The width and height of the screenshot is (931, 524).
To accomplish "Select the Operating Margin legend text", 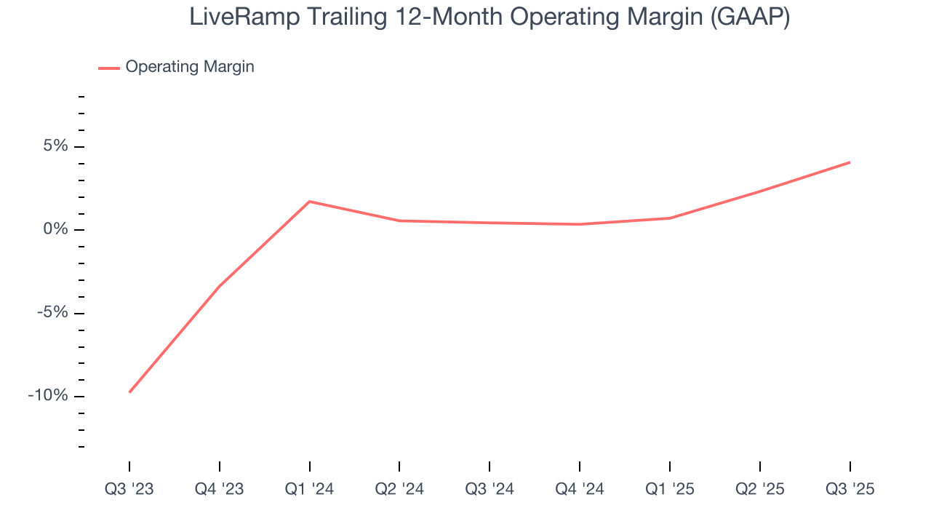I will (190, 67).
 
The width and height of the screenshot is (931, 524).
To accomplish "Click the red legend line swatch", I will (109, 68).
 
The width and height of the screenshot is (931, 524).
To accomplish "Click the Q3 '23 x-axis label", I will (129, 489).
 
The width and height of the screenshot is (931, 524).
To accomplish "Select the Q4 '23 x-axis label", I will (220, 489).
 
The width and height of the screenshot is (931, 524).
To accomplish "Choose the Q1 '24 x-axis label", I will (310, 489).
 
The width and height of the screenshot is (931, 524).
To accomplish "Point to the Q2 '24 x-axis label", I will (399, 489).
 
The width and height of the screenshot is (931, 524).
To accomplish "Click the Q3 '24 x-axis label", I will (490, 489).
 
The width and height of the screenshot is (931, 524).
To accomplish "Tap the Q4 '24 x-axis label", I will (580, 489).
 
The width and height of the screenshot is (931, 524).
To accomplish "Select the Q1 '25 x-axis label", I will (670, 489).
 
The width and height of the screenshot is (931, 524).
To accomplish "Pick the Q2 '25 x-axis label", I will (760, 489).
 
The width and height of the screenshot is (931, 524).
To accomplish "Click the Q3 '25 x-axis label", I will (850, 489).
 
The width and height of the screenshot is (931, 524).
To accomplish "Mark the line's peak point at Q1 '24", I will (310, 202).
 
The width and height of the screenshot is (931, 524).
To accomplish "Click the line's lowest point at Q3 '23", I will (129, 392).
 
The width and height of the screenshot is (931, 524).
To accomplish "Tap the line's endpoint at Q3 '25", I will (850, 162).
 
